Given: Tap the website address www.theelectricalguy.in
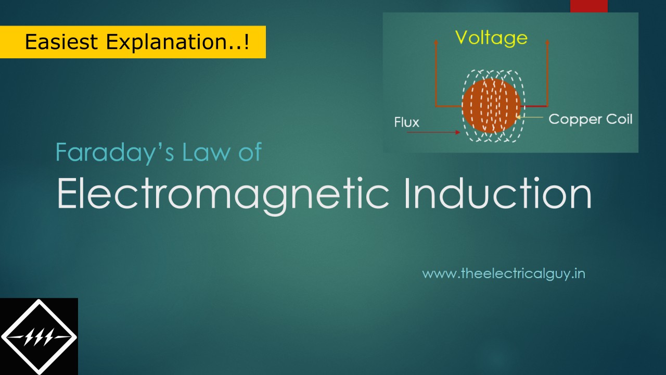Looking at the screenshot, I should click(503, 273).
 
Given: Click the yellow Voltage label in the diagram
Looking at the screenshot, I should click(491, 37).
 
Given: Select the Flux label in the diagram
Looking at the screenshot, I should click(407, 123).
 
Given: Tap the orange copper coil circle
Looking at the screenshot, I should click(491, 106).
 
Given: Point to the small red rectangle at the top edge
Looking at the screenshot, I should click(588, 6).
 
